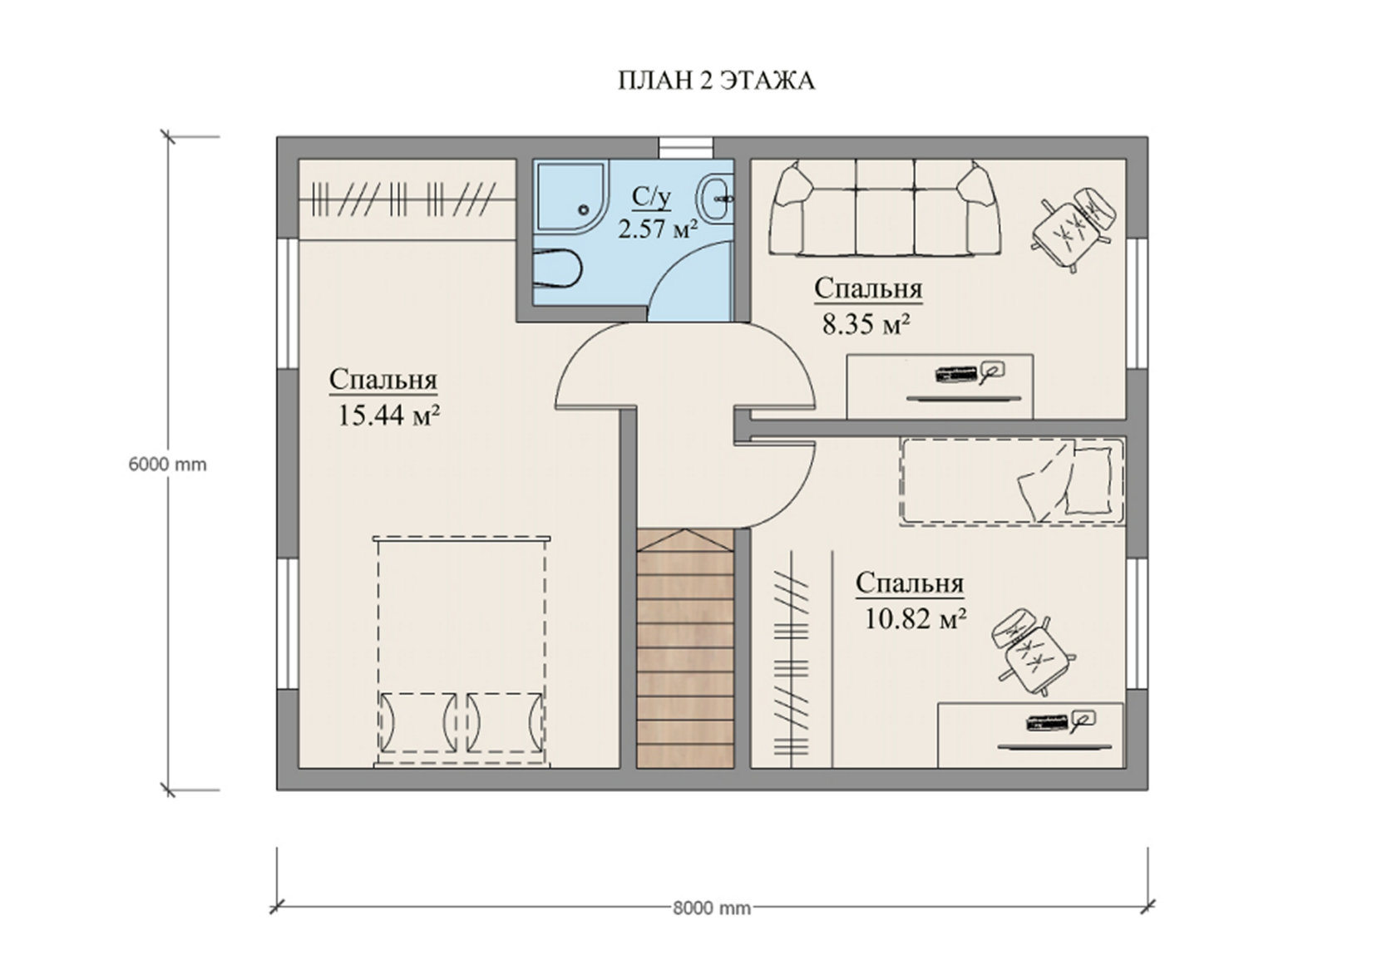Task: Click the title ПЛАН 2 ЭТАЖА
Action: [x=716, y=81]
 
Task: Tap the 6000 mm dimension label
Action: [x=167, y=465]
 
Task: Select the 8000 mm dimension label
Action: [x=712, y=908]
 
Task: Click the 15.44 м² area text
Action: [x=388, y=415]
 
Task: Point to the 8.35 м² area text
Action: [x=866, y=324]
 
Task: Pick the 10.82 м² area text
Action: [x=915, y=619]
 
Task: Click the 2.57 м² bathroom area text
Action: [x=658, y=229]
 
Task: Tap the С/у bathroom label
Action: [x=652, y=196]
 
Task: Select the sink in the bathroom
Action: [x=717, y=198]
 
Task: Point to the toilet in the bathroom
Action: [x=557, y=268]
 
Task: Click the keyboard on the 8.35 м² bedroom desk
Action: [x=956, y=374]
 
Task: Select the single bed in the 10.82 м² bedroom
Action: [x=1011, y=482]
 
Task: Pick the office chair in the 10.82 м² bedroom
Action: [x=1033, y=652]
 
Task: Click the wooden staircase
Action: [x=685, y=649]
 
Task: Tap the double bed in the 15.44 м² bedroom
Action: [x=462, y=652]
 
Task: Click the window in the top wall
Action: [x=687, y=148]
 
